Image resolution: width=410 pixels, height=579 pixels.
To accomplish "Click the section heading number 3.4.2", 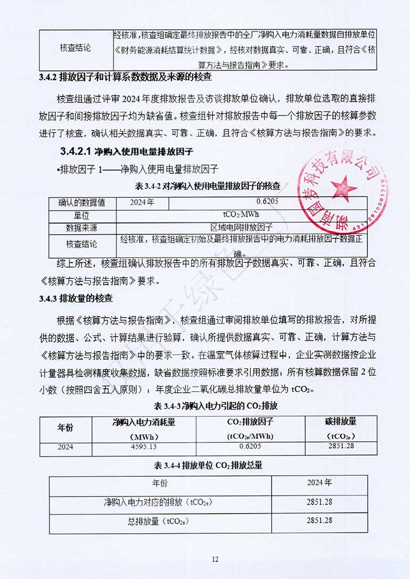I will point(48,77).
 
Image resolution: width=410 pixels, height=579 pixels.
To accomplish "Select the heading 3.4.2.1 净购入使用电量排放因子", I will point(127,152).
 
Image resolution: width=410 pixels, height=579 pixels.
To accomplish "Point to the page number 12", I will point(215,559).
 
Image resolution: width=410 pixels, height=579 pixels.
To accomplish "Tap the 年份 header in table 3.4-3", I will point(66,428).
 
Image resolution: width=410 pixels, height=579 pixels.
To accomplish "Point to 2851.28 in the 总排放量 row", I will point(319,520).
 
